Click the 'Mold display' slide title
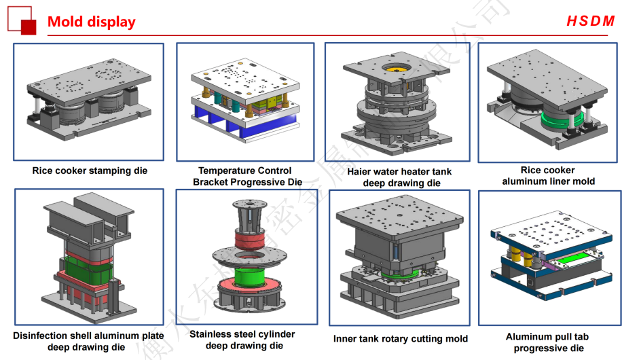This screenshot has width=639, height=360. pyautogui.click(x=91, y=22)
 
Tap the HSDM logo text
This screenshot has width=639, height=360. pyautogui.click(x=590, y=21)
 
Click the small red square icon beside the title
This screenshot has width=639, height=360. pyautogui.click(x=28, y=26)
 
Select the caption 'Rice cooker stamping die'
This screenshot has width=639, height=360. pyautogui.click(x=90, y=171)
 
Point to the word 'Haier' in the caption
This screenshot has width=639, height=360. pyautogui.click(x=360, y=172)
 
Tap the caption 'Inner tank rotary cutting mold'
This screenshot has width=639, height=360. pyautogui.click(x=400, y=338)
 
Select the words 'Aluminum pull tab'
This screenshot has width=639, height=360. pyautogui.click(x=547, y=337)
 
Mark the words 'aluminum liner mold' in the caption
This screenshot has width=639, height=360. pyautogui.click(x=548, y=181)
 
